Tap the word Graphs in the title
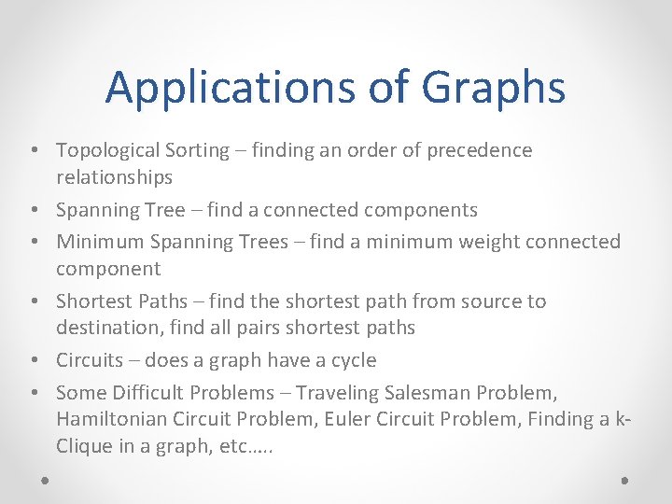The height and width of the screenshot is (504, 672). [x=493, y=88]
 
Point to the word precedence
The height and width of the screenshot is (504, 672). [x=480, y=150]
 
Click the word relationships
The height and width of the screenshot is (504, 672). [x=114, y=177]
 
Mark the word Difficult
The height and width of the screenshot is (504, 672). [x=148, y=393]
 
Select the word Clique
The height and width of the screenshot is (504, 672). [x=82, y=446]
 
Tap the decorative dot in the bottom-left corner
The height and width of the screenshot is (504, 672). [x=46, y=482]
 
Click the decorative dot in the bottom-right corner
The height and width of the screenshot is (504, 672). [x=624, y=482]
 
